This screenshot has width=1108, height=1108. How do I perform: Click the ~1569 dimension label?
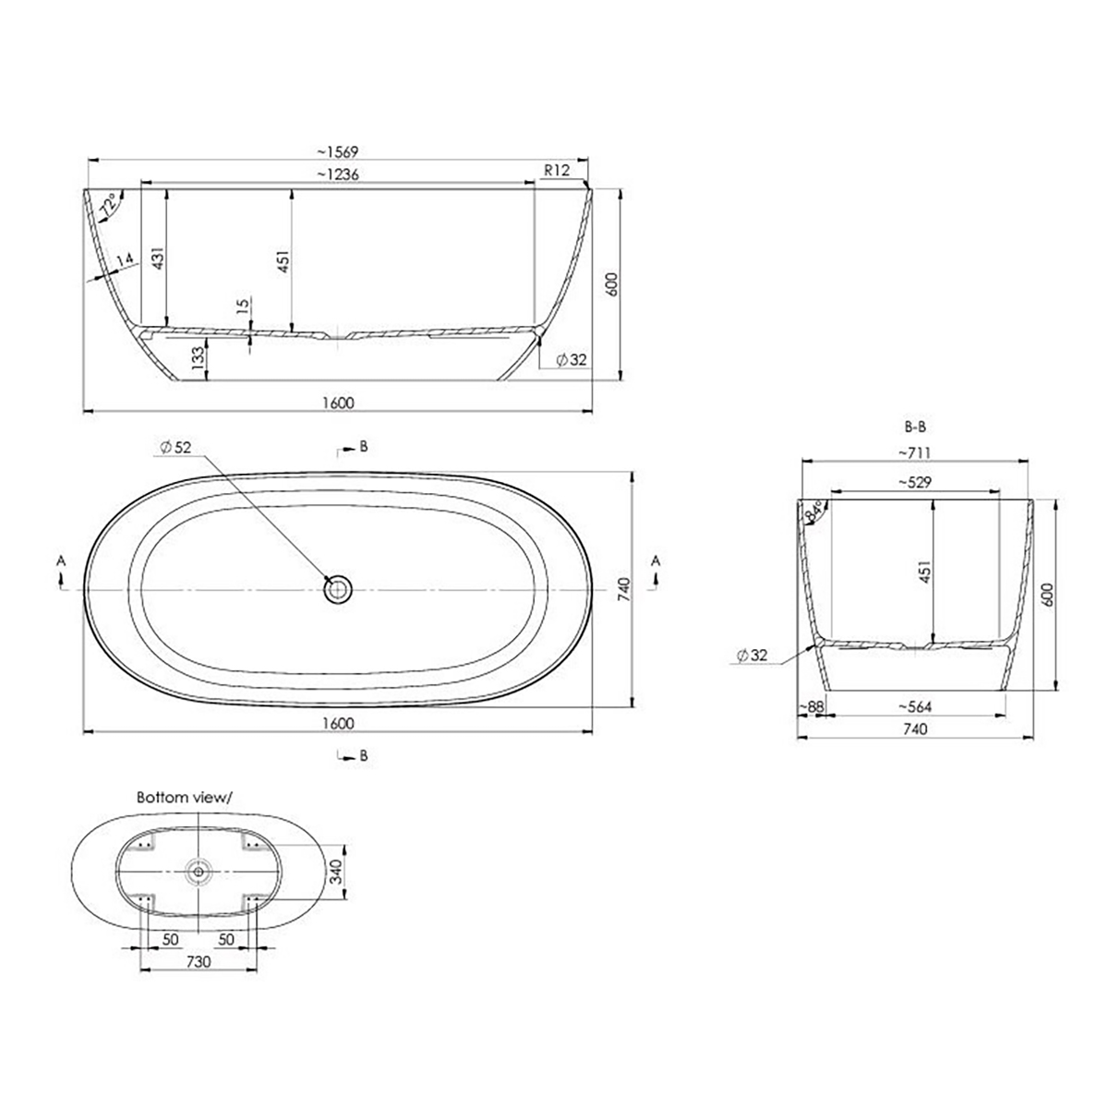(x=338, y=151)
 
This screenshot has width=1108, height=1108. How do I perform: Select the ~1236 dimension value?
(x=338, y=175)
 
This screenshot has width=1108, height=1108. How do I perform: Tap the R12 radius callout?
(x=556, y=170)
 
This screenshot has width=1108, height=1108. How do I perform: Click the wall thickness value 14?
(x=126, y=259)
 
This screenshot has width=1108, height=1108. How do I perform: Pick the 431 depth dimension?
(x=158, y=258)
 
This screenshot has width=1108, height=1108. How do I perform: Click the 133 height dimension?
(x=198, y=357)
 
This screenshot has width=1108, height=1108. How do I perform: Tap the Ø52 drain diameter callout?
(x=176, y=447)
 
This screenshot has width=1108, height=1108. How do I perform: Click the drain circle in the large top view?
(x=338, y=590)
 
